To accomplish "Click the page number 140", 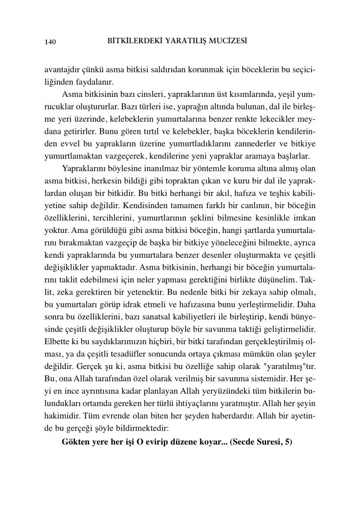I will [x=50, y=42].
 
